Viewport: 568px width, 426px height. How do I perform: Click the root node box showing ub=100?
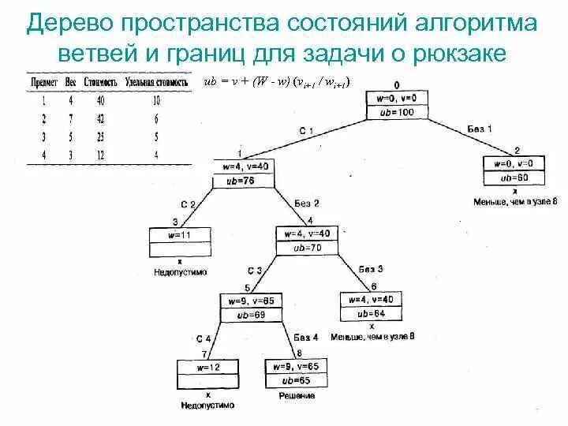pos(396,104)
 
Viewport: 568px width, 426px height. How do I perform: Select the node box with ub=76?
pos(245,173)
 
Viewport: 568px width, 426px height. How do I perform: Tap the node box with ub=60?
pos(514,170)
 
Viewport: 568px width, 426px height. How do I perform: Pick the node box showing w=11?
pos(180,243)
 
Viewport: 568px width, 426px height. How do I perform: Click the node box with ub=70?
pos(308,241)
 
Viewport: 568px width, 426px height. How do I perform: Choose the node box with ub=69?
pos(251,307)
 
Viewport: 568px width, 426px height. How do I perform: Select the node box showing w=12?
pos(207,374)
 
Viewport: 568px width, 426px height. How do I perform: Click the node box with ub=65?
pos(297,374)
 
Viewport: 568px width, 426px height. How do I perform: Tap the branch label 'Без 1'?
pos(479,128)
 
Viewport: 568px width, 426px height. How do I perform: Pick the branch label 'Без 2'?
pos(307,203)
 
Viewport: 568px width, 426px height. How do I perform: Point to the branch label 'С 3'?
pos(256,270)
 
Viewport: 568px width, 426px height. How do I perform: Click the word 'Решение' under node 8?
pos(297,395)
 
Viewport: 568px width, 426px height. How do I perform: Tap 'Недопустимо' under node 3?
pos(180,271)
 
